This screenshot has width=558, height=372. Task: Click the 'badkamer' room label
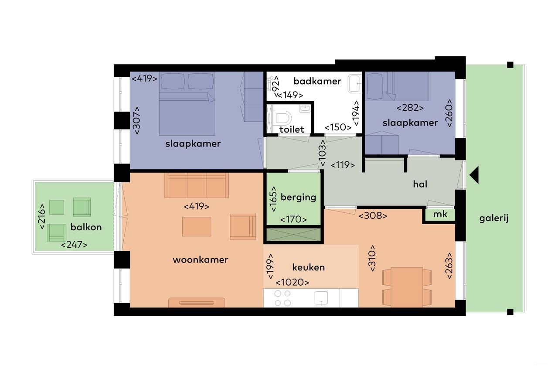317,81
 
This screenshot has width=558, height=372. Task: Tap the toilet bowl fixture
284,118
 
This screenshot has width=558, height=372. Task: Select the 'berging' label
298,197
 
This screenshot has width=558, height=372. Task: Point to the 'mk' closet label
440,215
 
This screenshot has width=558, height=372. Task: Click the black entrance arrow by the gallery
474,175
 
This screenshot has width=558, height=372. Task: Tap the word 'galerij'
494,218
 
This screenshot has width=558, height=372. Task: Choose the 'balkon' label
86,227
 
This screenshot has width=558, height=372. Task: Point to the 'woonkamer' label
201,260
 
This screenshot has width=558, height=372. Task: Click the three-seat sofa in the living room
197,185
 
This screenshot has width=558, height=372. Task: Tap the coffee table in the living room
197,226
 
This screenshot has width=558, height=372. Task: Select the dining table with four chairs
407,286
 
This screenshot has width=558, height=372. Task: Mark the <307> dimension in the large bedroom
137,120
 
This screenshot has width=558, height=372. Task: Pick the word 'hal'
420,184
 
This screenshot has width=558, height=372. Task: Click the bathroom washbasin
354,83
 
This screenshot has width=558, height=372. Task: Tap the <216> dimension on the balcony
42,217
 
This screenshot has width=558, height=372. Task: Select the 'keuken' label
309,267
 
